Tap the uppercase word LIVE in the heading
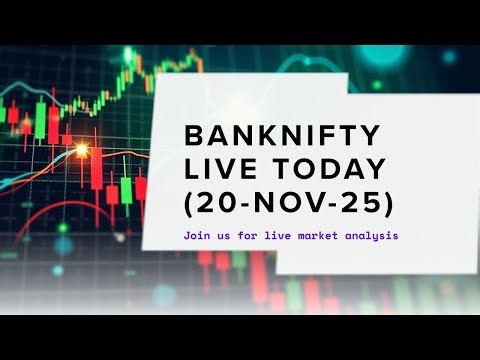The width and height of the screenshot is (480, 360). [x=221, y=169]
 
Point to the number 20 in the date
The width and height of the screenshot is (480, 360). [x=219, y=203]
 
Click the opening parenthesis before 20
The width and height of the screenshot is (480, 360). [x=190, y=204]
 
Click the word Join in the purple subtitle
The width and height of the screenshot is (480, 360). [x=197, y=237]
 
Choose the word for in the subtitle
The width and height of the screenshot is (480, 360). [x=246, y=237]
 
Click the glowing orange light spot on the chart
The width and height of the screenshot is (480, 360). [x=81, y=150]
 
